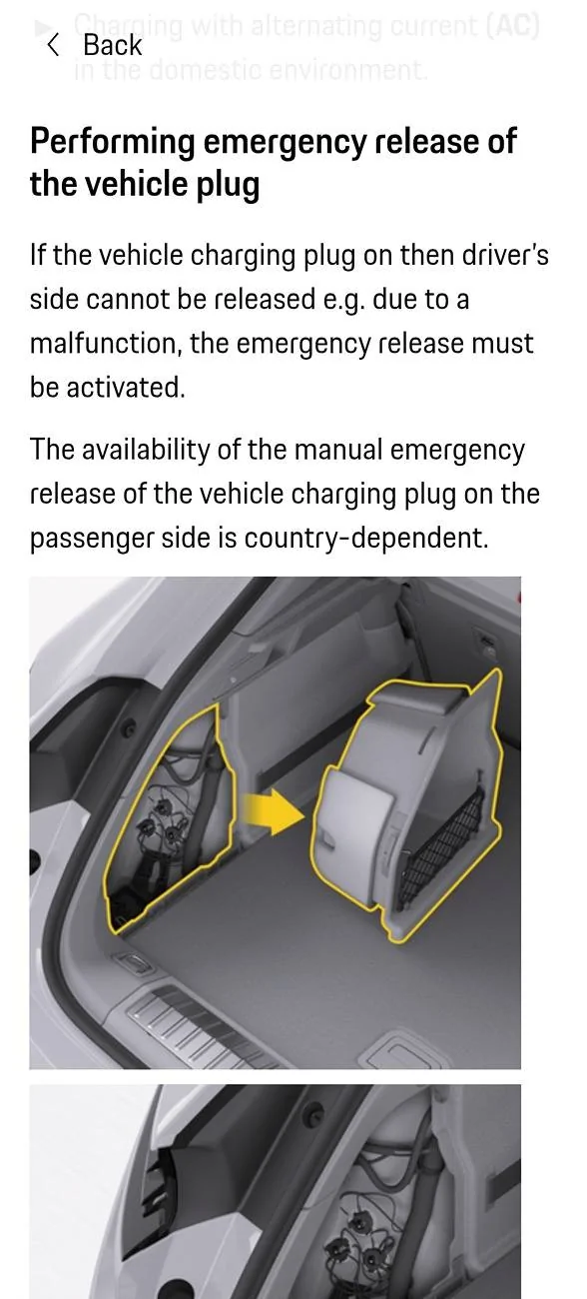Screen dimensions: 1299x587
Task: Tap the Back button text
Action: click(112, 45)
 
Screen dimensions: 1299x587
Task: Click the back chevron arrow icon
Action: click(53, 44)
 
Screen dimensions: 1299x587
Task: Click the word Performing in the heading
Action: click(113, 142)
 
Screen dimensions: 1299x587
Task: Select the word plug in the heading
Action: click(227, 186)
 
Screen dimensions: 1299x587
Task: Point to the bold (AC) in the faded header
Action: click(512, 25)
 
